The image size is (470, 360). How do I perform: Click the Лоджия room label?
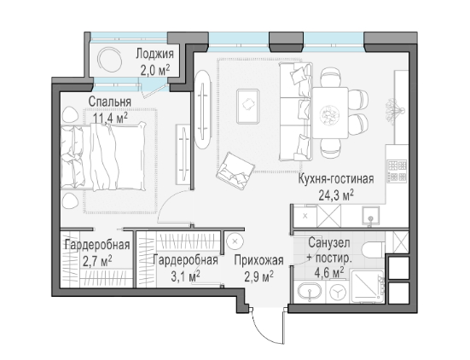coord(154,54)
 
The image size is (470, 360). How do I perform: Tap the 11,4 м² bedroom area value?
coord(110,118)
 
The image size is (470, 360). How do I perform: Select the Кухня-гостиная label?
coord(336,179)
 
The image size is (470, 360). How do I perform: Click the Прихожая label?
coord(258,260)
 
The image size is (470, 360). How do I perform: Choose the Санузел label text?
coord(328,243)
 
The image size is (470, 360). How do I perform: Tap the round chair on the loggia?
coord(110,60)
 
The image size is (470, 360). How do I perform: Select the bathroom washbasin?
coord(310,292)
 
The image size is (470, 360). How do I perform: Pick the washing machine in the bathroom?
coord(337,293)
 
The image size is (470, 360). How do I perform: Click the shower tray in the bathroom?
coord(367,287)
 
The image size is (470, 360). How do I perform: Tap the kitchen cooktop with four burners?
coord(397,171)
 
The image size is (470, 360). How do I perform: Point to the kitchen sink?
coord(370,216)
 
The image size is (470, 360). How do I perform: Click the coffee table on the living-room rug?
coord(248,107)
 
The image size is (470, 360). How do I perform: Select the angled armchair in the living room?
coord(236,171)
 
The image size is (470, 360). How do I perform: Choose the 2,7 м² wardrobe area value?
coord(97,261)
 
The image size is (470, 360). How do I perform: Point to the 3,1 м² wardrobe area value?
coord(185,276)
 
